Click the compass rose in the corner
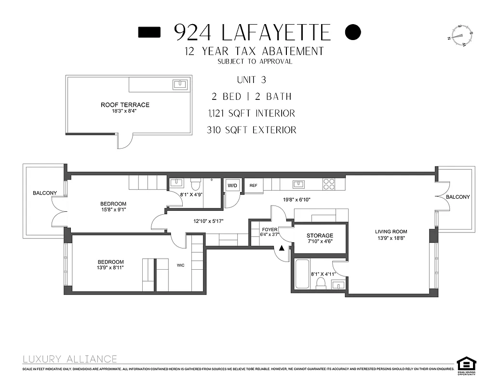coord(460,36)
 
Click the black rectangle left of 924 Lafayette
coord(149,32)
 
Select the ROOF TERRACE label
coord(125,105)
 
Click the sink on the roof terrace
coord(180,85)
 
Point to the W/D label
coord(232,185)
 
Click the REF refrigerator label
coord(253,185)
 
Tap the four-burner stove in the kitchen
coord(329,184)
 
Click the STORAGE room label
coord(320,235)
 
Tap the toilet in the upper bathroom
coord(195,184)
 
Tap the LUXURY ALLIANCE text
coord(70,359)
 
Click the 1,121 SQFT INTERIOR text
coord(251,113)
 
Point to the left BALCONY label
coord(44,193)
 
